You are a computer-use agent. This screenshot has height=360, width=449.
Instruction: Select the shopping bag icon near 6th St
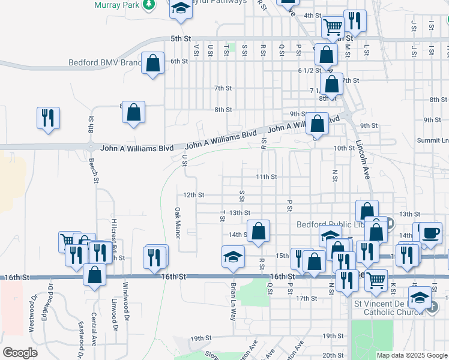tap(153, 63)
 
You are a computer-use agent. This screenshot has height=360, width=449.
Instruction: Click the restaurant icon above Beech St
tap(48, 117)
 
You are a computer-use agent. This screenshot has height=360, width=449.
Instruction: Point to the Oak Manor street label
tap(178, 223)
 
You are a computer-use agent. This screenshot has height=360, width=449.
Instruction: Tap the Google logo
tap(20, 353)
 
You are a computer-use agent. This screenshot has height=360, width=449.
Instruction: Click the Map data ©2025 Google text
tap(412, 355)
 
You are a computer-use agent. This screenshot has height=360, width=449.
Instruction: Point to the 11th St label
tap(267, 177)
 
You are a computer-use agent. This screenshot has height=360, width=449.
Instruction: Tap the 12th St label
tap(194, 195)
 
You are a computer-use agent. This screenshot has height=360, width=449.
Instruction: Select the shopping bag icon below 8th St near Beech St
tap(133, 112)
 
